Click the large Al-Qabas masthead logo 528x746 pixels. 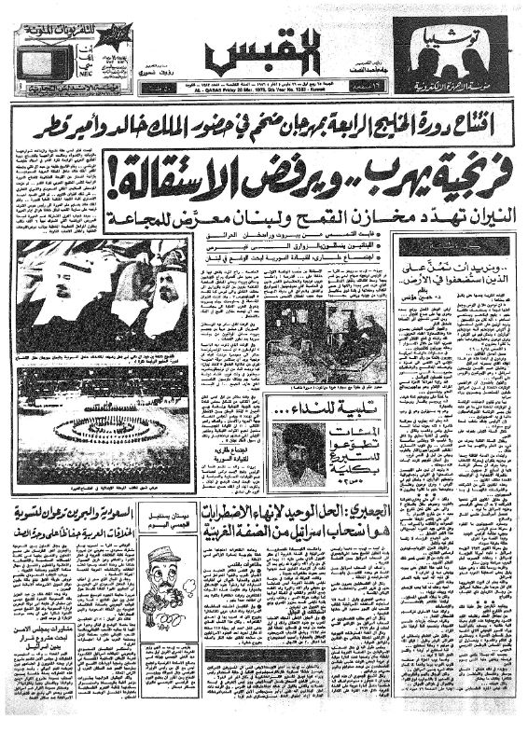263,53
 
